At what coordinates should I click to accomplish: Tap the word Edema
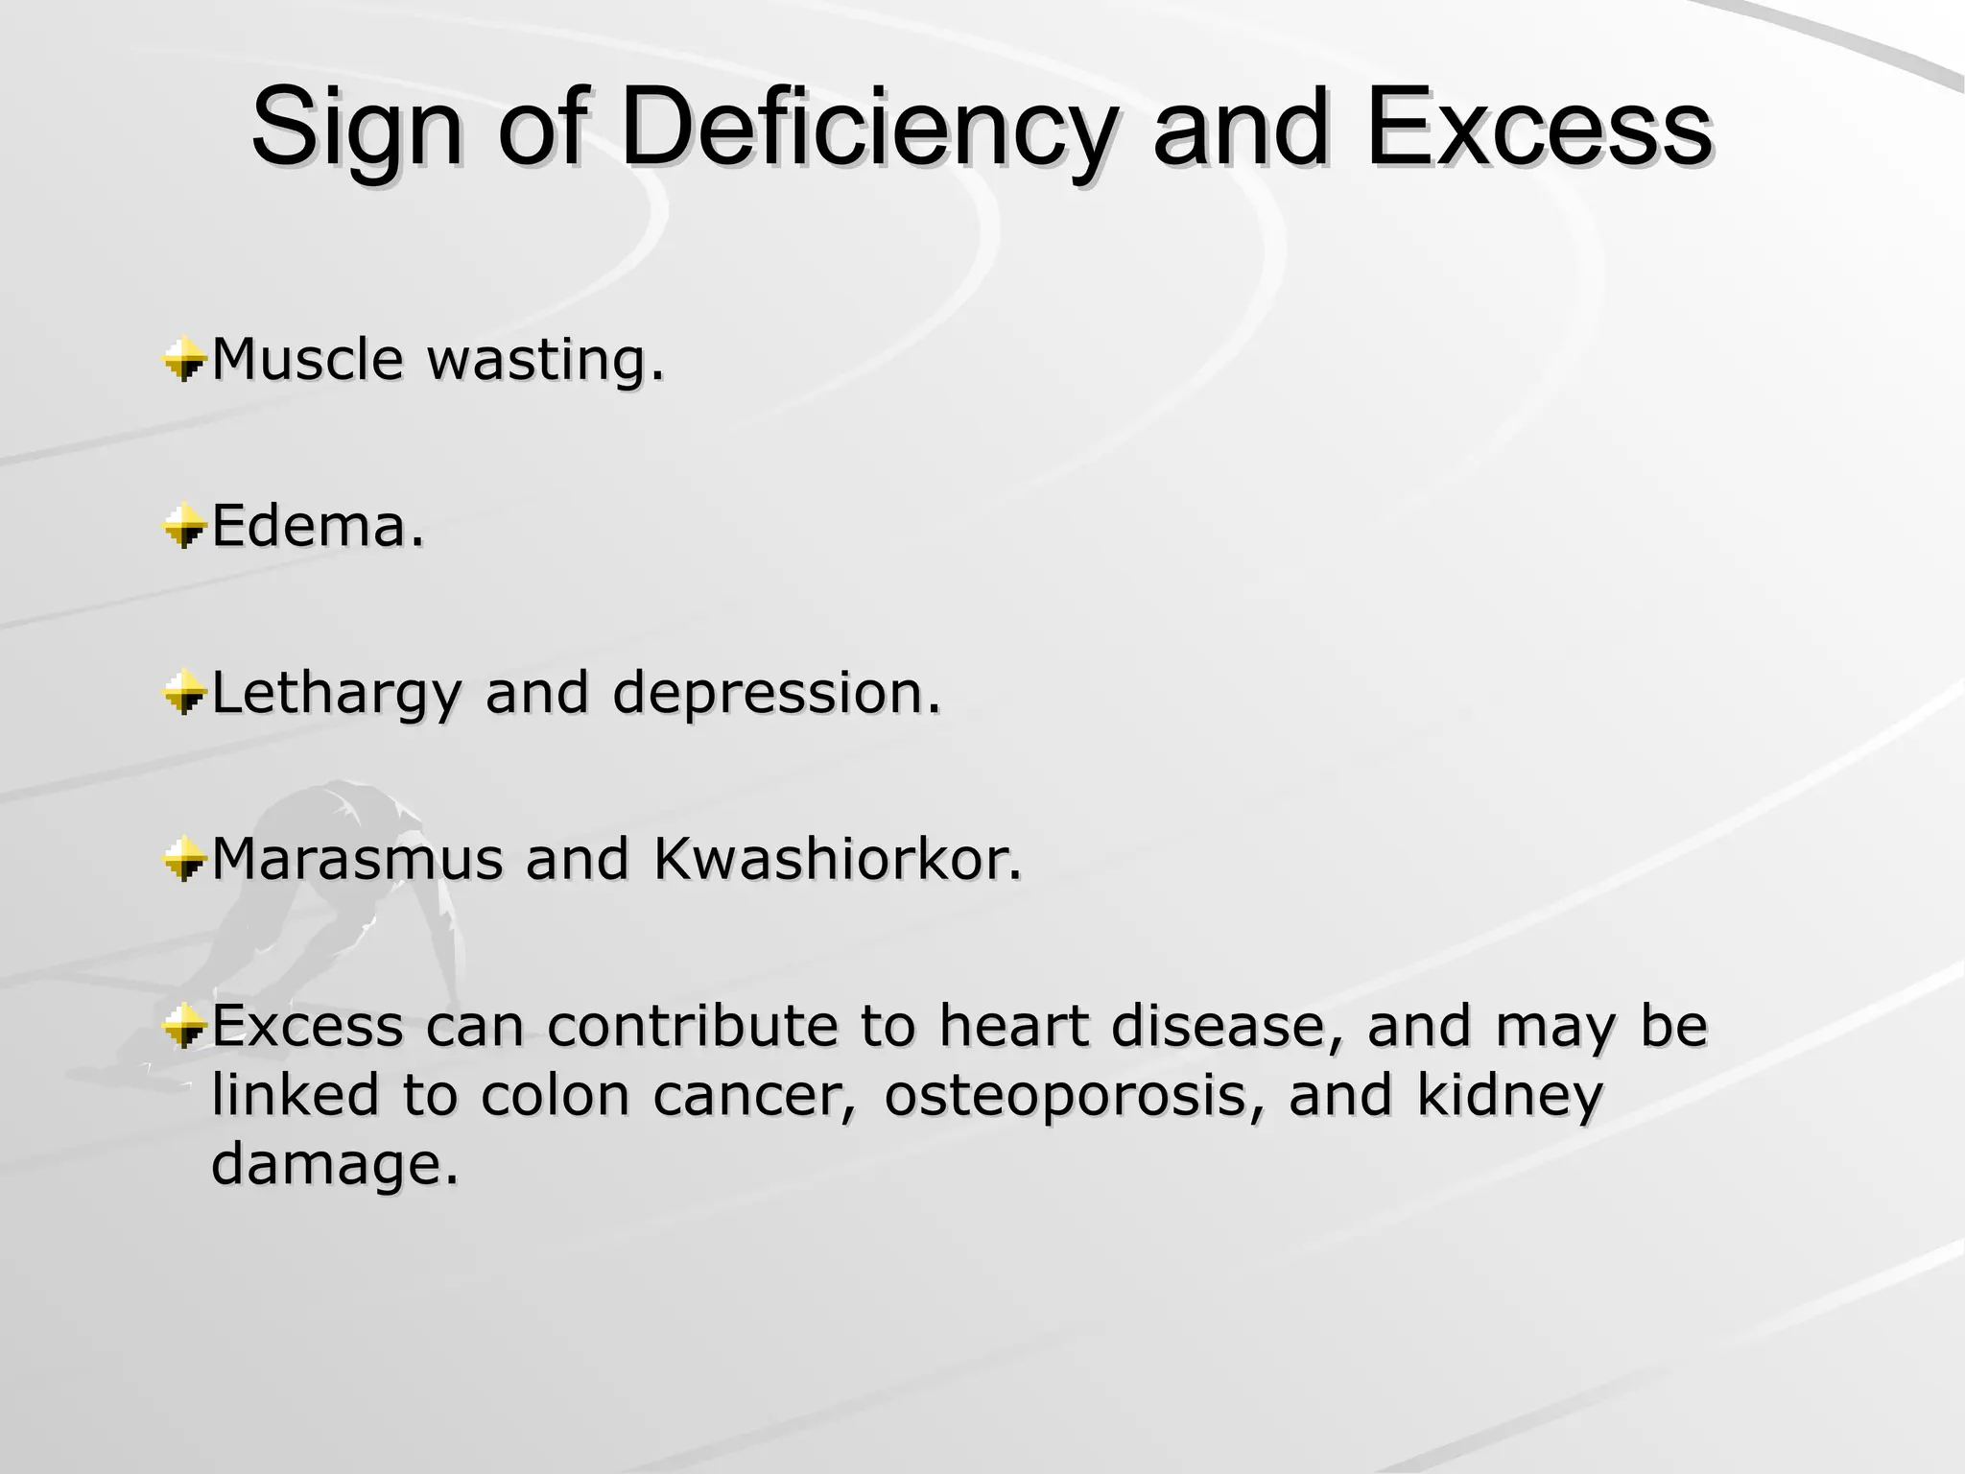(317, 527)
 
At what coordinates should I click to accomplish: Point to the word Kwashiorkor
(837, 859)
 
